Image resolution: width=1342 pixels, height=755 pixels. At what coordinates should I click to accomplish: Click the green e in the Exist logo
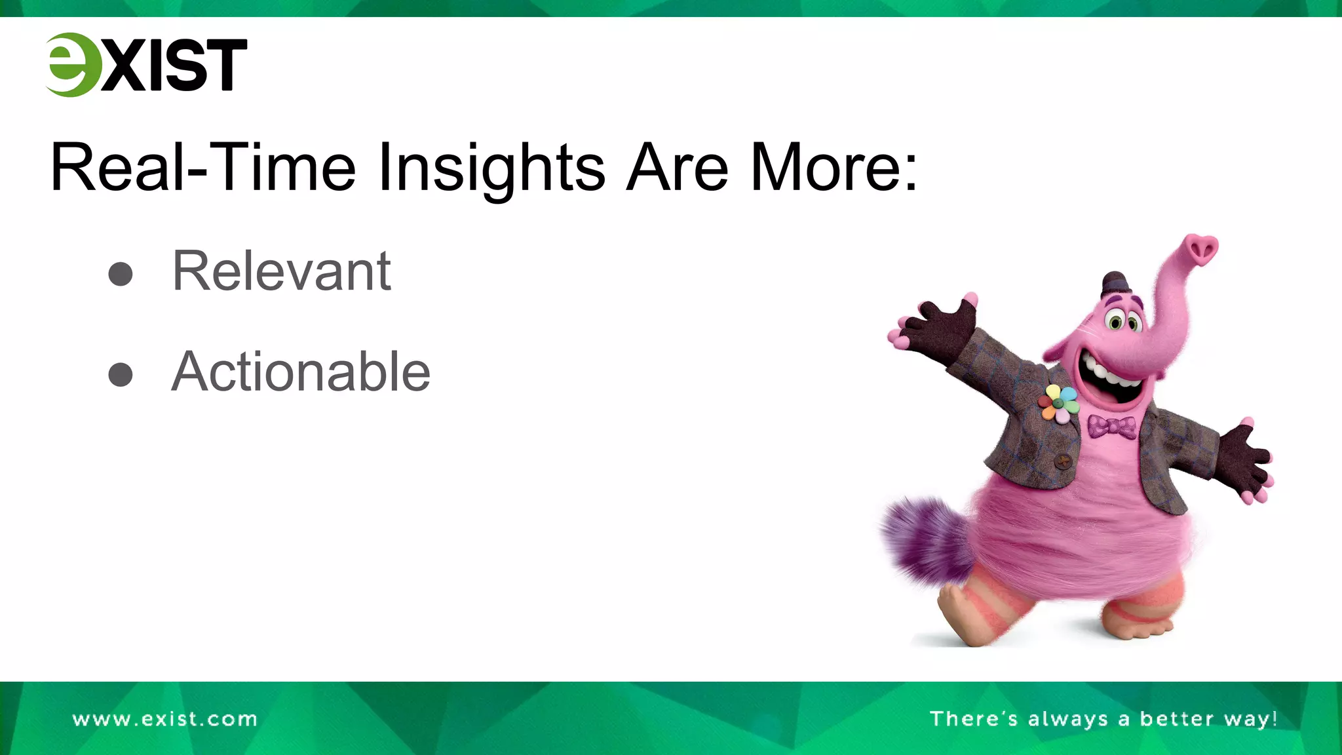71,65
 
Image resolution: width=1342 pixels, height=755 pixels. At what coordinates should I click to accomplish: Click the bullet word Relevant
281,271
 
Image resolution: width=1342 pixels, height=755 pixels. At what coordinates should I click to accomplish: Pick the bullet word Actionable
301,372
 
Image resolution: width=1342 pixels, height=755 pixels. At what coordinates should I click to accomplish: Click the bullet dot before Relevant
121,274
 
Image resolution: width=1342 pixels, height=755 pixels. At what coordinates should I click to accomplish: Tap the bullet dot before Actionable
121,374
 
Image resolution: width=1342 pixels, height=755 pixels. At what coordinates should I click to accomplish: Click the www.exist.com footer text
165,719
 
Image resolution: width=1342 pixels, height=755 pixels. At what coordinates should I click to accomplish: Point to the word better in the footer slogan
1177,719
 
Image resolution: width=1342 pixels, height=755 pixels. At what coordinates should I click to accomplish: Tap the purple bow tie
1112,427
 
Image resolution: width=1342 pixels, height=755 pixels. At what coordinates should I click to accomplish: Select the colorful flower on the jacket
1058,404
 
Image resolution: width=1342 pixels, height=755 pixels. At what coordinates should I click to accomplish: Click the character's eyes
1123,321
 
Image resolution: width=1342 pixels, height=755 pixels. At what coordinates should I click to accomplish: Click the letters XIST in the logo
174,65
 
